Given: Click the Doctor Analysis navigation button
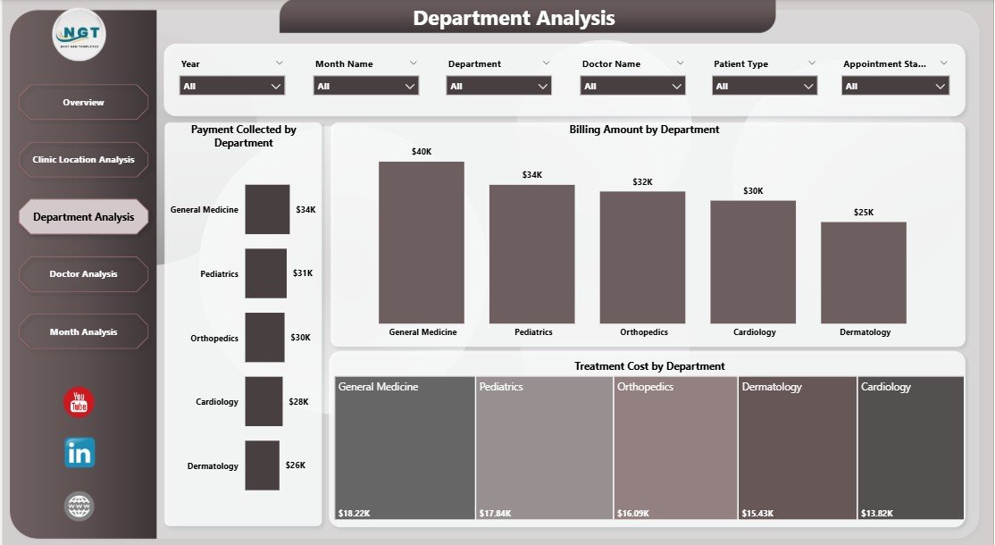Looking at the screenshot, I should click(x=83, y=274).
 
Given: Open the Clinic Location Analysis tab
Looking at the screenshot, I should click(x=83, y=160).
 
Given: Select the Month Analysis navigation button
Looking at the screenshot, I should click(x=83, y=332).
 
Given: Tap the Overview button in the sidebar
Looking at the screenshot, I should click(x=83, y=103).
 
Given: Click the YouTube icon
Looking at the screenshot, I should click(x=79, y=402).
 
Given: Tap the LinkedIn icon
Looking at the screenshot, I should click(x=79, y=453).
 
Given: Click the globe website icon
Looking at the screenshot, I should click(x=79, y=506).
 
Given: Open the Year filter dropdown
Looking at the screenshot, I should click(x=232, y=86).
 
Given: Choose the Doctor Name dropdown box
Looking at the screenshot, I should click(x=632, y=86).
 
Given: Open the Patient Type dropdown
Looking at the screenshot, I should click(x=765, y=86).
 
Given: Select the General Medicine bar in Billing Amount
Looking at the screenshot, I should click(x=422, y=242).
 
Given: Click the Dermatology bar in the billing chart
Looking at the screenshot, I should click(x=864, y=272).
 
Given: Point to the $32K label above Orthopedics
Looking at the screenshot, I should click(x=642, y=181).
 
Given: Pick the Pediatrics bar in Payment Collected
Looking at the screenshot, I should click(x=266, y=273).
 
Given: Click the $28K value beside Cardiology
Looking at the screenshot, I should click(x=298, y=402).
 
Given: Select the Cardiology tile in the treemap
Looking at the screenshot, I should click(x=911, y=447).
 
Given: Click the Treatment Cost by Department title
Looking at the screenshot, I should click(x=649, y=366).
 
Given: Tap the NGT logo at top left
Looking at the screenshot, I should click(x=79, y=34).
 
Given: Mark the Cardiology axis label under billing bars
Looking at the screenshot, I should click(x=754, y=332).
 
